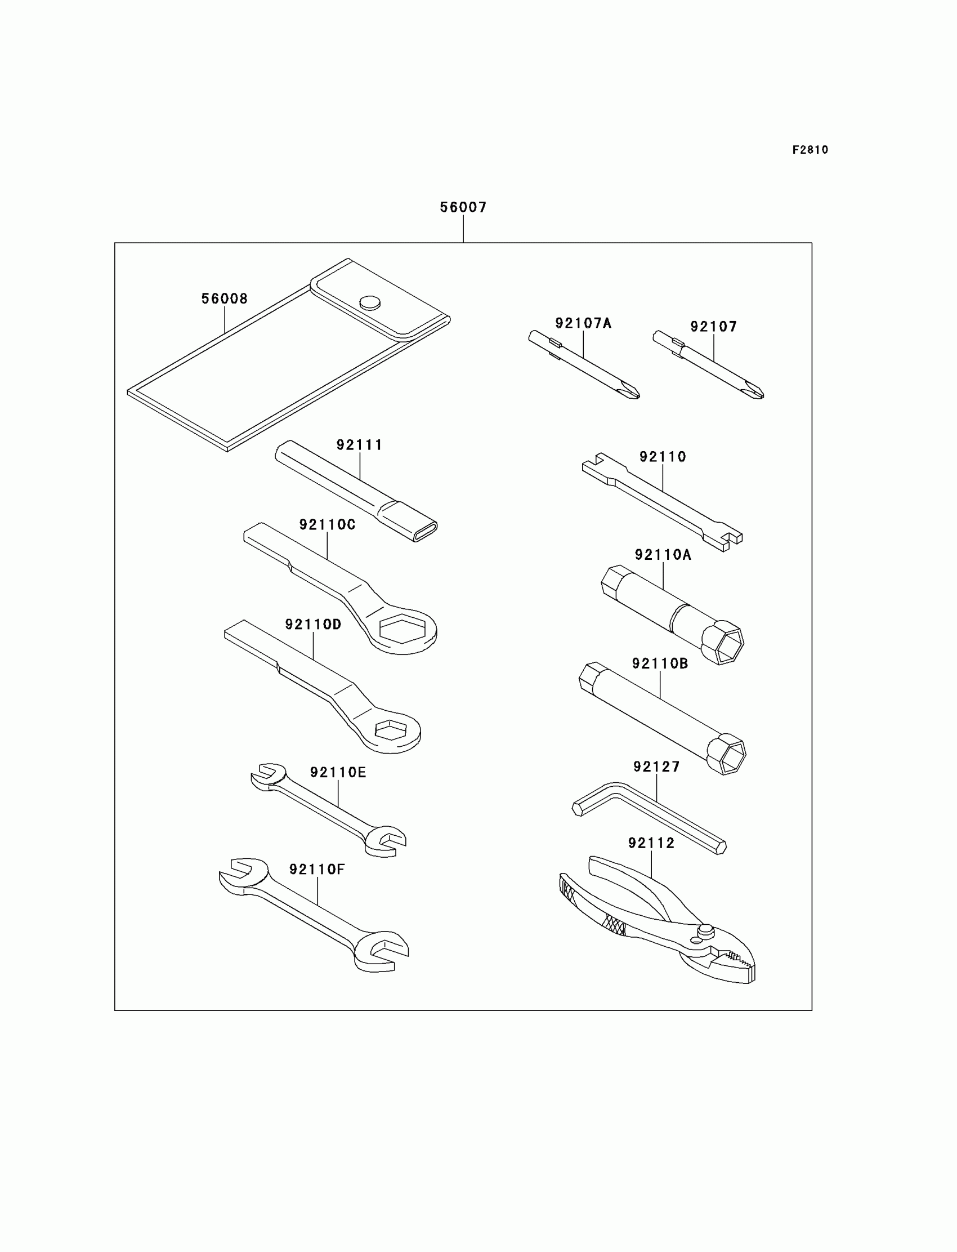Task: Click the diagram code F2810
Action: click(x=810, y=150)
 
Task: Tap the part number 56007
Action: click(x=463, y=207)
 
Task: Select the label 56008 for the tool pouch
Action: click(x=225, y=298)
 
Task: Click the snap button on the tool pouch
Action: click(x=370, y=301)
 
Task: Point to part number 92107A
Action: click(x=583, y=323)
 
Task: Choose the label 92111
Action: click(x=359, y=444)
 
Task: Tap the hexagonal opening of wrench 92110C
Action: click(x=402, y=629)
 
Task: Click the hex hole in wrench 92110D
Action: click(x=390, y=730)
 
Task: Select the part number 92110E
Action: click(x=338, y=772)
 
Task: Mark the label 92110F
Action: click(x=317, y=869)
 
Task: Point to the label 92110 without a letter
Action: click(x=663, y=456)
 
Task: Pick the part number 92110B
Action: click(x=660, y=663)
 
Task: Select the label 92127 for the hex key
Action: click(x=656, y=767)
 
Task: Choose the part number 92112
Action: click(x=651, y=843)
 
